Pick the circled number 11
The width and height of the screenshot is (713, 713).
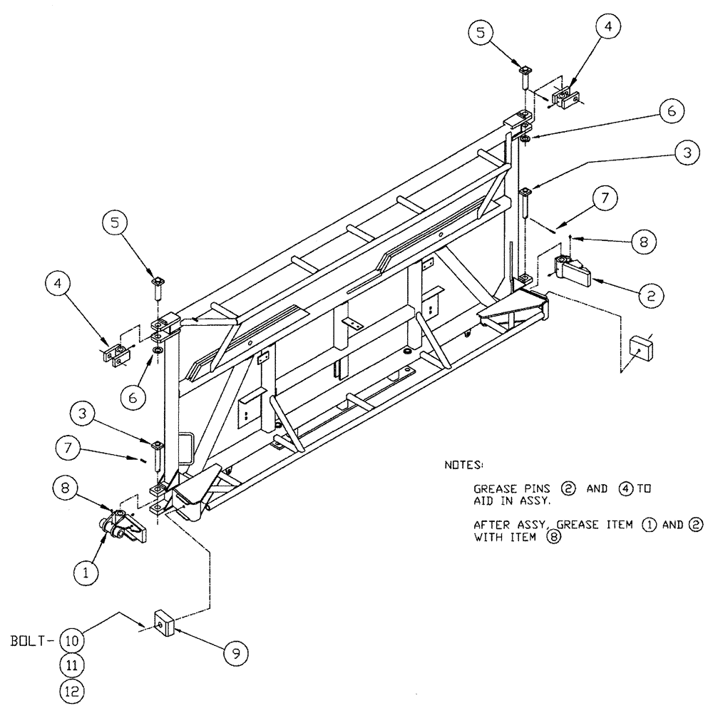[x=71, y=665]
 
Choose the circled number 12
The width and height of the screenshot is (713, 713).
[x=71, y=690]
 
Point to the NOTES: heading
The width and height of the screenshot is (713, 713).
[x=464, y=465]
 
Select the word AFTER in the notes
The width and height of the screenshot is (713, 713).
[x=491, y=525]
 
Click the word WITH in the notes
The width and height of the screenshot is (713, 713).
[x=488, y=538]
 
